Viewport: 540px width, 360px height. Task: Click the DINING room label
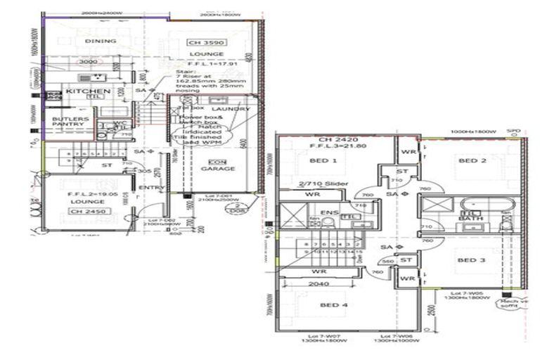click(x=100, y=41)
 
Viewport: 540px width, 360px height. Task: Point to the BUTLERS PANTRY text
click(x=70, y=124)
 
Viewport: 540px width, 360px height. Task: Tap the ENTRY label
click(x=153, y=188)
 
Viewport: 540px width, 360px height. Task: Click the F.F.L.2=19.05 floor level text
click(x=86, y=193)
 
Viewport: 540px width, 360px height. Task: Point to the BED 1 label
click(x=323, y=161)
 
